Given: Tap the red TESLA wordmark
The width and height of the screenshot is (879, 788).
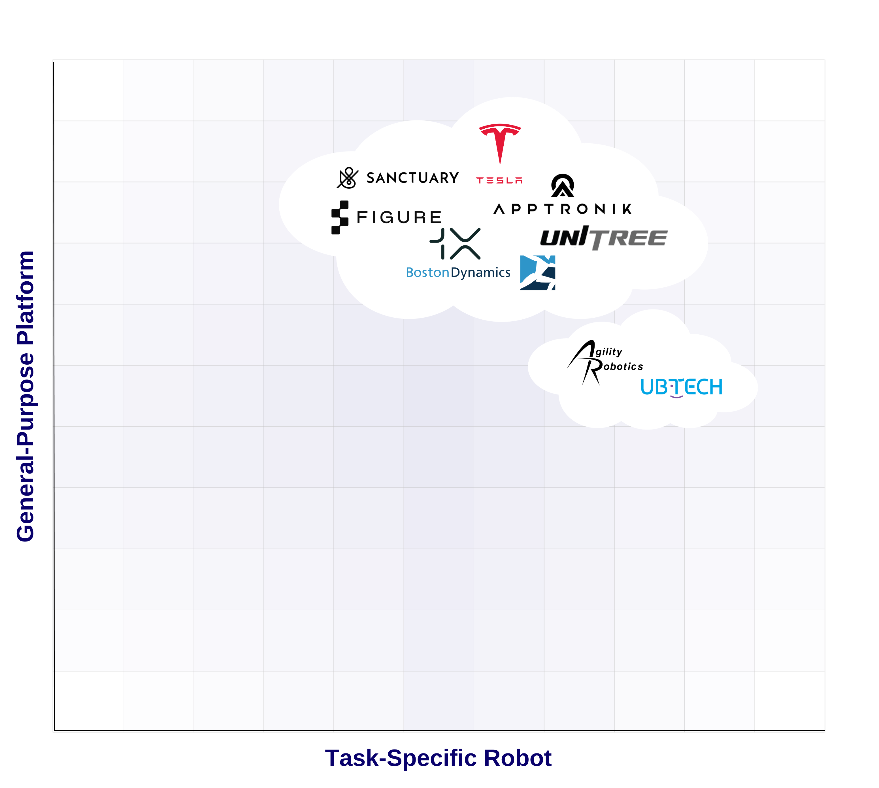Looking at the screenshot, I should pyautogui.click(x=499, y=180).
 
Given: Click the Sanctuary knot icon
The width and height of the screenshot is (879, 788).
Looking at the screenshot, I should pyautogui.click(x=348, y=178).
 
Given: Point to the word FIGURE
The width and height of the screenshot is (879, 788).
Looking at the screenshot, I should pyautogui.click(x=399, y=217).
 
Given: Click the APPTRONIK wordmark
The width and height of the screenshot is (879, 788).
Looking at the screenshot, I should pyautogui.click(x=562, y=209).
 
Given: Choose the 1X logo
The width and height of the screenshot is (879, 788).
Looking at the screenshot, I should pyautogui.click(x=455, y=244).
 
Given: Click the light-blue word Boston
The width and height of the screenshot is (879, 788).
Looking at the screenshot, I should pyautogui.click(x=427, y=273).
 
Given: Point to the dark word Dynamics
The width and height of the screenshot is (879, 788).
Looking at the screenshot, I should pyautogui.click(x=480, y=273).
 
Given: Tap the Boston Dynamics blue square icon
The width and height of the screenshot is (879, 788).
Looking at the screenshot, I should pyautogui.click(x=538, y=273).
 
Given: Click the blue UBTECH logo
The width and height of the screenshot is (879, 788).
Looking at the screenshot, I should pyautogui.click(x=681, y=387).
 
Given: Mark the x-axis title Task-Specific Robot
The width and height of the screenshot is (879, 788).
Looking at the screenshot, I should pyautogui.click(x=438, y=758).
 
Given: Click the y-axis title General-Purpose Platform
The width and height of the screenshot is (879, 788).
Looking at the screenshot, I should pyautogui.click(x=25, y=396).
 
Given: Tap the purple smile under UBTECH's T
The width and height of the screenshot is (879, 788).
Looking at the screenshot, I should pyautogui.click(x=676, y=396).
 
